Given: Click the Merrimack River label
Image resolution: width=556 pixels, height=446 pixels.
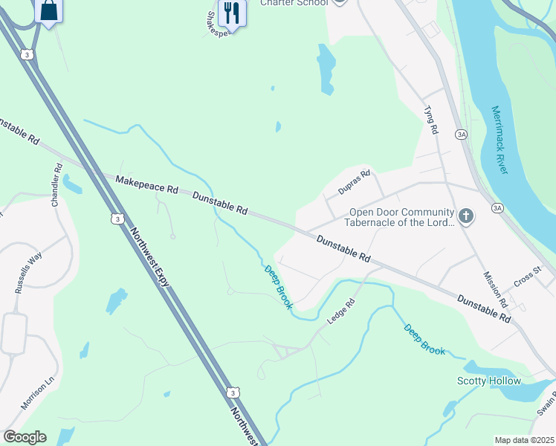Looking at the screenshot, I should pos(500,140).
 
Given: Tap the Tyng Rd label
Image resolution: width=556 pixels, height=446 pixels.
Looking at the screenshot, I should pos(430,120).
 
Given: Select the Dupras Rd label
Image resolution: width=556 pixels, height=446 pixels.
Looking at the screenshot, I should pos(354,182).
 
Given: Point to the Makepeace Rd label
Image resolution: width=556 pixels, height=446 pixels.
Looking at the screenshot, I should pos(146,185).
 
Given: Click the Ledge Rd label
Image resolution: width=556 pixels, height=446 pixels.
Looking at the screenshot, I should pos(342,311).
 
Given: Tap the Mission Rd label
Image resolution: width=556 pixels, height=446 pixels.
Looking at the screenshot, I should pos(494,289).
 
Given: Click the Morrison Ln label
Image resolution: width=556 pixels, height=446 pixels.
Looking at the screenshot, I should pos(39,392).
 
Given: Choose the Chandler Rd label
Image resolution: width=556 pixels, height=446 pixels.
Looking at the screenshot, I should pos(58,186).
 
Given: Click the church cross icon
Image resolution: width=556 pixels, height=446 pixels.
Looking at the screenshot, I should pos(465,216).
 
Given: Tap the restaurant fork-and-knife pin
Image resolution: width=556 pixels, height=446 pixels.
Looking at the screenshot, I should pos(232,13).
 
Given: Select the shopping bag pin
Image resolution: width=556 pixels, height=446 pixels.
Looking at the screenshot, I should pos(49,10).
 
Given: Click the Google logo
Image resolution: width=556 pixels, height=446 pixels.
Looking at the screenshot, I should pos(25,437).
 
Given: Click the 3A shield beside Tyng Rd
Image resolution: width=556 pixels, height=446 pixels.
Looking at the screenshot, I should pos(462,134).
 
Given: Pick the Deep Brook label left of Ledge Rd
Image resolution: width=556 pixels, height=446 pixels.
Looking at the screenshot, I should pos(279,288).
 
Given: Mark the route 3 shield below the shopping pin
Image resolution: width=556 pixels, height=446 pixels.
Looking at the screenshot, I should pos(27,54).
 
